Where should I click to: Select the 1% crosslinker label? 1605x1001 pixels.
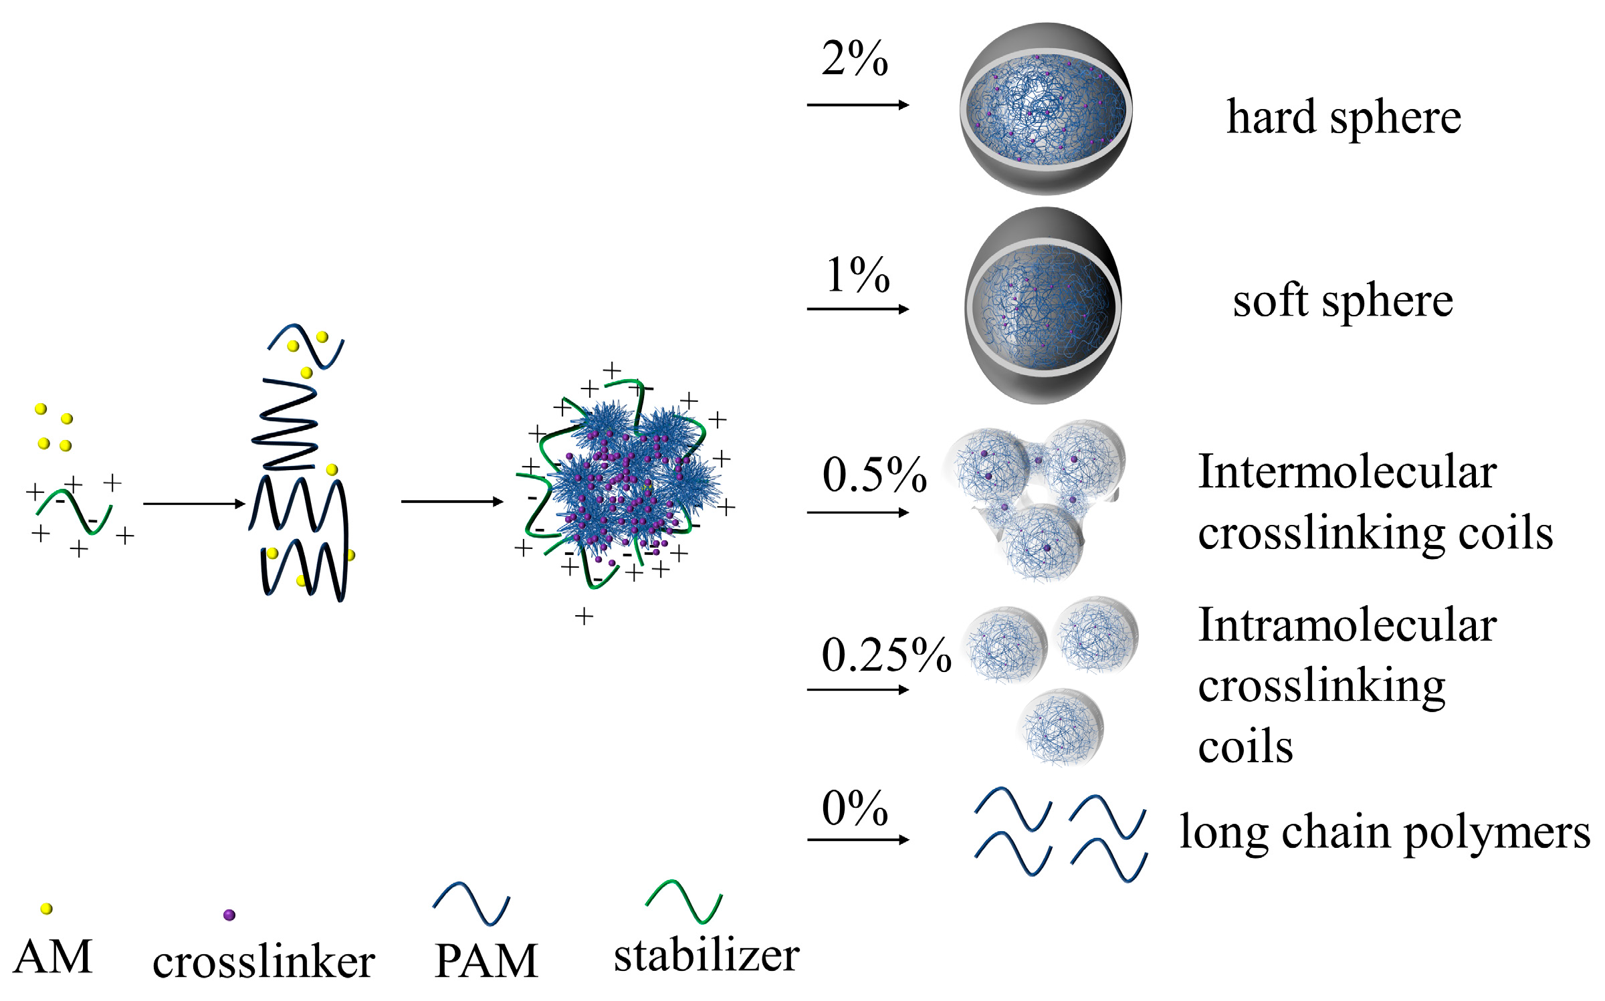(x=858, y=275)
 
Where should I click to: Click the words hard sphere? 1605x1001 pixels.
(x=1344, y=118)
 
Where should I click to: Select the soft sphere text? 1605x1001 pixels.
(x=1343, y=301)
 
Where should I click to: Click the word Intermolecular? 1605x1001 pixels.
(x=1347, y=472)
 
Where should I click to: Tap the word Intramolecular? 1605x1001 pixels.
(x=1347, y=625)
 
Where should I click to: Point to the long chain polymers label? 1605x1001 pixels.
(x=1384, y=832)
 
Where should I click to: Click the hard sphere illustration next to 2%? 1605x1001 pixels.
(x=1046, y=109)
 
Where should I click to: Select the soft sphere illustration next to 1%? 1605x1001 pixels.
(x=1043, y=306)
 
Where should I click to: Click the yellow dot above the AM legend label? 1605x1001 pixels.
(x=46, y=908)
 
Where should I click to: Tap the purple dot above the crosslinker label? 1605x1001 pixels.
(x=229, y=915)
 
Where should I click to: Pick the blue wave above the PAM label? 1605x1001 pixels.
(x=471, y=903)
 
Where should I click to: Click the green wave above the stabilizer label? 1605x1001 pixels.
(x=683, y=901)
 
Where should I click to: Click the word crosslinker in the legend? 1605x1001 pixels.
(x=263, y=962)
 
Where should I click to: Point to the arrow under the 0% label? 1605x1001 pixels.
(x=858, y=839)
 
